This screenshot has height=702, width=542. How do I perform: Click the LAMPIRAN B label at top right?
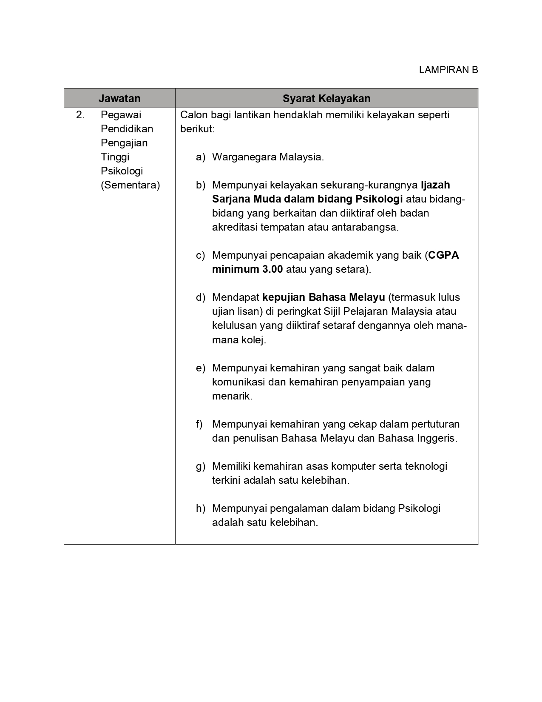click(x=448, y=70)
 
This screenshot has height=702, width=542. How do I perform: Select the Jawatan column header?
click(x=119, y=98)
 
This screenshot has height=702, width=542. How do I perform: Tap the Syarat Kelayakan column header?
click(x=326, y=98)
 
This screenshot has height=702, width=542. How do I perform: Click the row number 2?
click(x=80, y=115)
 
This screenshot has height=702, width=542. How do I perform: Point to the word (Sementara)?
click(x=130, y=185)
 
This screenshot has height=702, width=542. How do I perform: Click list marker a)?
click(x=201, y=157)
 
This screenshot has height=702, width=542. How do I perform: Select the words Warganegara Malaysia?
click(x=268, y=157)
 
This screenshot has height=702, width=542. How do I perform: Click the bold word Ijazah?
click(x=435, y=185)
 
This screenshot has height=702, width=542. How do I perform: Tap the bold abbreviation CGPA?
click(x=443, y=255)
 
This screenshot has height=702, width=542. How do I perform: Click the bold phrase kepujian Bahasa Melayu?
click(x=323, y=297)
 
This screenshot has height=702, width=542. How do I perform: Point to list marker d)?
click(x=201, y=297)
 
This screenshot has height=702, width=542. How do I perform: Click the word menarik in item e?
click(x=232, y=396)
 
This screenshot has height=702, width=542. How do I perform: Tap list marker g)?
click(x=201, y=466)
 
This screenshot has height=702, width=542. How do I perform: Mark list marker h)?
click(x=201, y=508)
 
